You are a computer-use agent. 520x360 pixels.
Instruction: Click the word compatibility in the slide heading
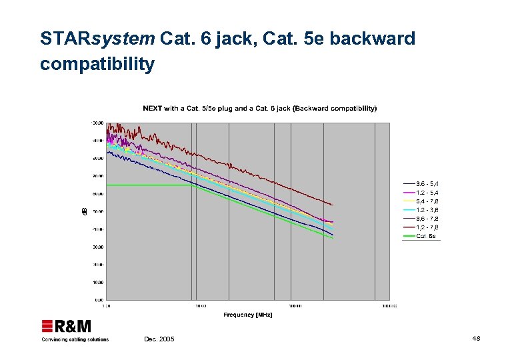[97, 65]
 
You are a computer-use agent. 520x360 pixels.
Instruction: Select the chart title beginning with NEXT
[259, 108]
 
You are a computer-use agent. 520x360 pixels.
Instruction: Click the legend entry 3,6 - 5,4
[427, 184]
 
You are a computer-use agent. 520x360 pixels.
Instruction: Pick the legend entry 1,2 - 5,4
[427, 193]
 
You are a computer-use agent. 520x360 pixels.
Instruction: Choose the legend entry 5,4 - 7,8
[427, 201]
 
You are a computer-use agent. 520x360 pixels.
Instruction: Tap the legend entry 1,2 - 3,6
[427, 210]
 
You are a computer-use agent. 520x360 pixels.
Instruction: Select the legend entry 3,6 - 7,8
[427, 219]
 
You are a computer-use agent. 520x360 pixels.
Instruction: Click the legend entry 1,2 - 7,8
[427, 227]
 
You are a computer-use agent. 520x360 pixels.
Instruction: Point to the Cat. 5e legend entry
[426, 236]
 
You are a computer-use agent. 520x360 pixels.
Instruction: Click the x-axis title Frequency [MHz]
[248, 315]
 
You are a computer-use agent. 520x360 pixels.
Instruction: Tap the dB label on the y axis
[84, 211]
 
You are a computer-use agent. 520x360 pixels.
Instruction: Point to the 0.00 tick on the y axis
[99, 300]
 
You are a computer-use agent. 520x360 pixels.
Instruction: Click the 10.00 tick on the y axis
[97, 282]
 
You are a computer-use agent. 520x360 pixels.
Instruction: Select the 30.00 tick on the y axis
[97, 247]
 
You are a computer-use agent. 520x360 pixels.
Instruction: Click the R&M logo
[67, 326]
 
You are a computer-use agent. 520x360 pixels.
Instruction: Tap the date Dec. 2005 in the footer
[159, 339]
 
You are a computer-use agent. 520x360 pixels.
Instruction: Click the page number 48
[476, 339]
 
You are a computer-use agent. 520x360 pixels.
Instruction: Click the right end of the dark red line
[333, 205]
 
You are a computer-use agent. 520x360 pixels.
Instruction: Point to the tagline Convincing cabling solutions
[75, 339]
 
